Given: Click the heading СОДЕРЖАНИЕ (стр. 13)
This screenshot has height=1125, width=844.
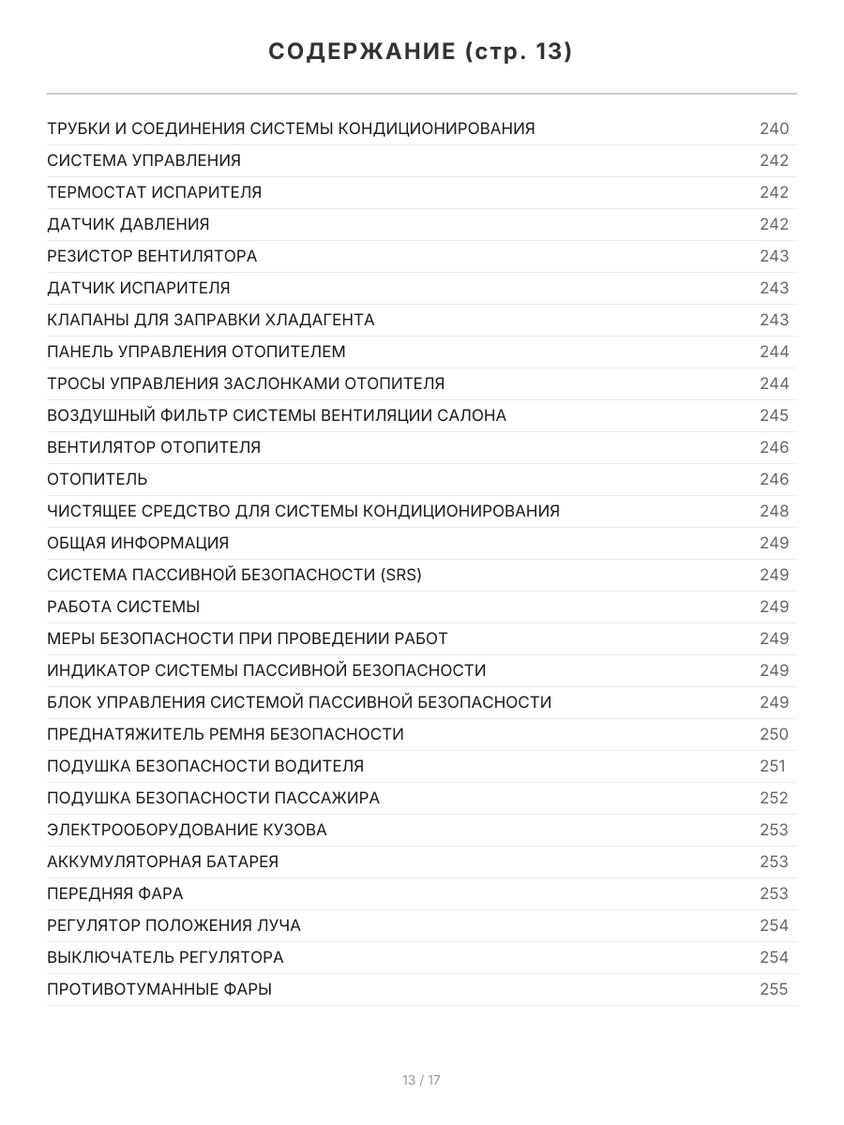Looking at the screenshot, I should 421,52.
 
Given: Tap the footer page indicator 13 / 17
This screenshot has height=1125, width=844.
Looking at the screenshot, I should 421,1080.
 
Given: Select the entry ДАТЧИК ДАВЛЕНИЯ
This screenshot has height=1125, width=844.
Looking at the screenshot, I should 128,224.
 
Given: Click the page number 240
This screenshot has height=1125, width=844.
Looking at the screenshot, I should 775,128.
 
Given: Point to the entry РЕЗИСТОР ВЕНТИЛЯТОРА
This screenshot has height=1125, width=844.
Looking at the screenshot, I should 152,256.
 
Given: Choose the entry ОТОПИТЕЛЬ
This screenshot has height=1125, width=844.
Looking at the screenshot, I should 98,479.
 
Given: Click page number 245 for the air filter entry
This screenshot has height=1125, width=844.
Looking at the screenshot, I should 775,415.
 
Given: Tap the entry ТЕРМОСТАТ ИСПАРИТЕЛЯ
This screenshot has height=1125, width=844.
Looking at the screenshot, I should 155,192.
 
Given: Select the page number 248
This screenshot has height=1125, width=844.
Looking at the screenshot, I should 775,511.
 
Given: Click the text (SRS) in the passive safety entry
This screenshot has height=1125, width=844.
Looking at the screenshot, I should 401,575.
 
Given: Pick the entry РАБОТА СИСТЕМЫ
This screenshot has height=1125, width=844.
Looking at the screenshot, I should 124,607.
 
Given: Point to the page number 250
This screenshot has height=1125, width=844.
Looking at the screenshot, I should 775,734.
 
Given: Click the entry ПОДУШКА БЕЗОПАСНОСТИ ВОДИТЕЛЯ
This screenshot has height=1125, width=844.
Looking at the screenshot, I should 205,766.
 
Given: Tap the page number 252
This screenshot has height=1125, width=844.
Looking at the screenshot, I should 775,798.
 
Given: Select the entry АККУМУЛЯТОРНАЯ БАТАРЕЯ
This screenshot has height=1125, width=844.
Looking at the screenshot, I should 163,862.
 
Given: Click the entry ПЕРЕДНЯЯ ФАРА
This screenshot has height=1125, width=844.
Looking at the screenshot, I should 115,893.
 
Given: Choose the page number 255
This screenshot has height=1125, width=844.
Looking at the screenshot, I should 775,989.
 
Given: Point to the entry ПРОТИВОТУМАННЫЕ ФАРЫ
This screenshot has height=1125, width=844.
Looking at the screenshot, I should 159,989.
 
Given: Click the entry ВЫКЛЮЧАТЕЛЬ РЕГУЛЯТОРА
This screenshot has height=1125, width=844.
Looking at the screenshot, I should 165,957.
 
